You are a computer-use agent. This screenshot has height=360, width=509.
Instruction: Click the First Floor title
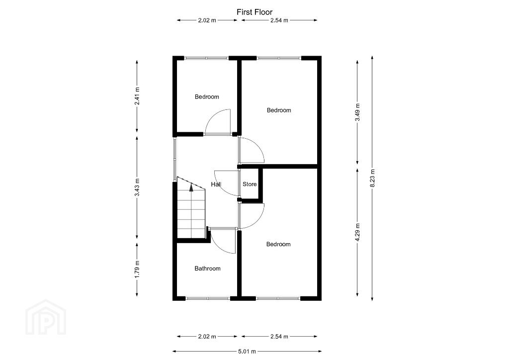pos(254,12)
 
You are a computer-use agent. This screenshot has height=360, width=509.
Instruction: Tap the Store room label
pos(250,184)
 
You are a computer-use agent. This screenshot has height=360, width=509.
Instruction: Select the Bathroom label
pos(207,269)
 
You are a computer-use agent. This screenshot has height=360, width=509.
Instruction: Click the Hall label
pos(216,184)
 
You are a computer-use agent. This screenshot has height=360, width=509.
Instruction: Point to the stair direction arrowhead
pos(191,186)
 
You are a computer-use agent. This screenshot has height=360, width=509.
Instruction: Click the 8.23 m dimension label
pos(373,178)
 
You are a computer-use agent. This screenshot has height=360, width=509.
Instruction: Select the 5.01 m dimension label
pos(247,351)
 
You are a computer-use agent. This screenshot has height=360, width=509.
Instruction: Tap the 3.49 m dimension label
pos(357,112)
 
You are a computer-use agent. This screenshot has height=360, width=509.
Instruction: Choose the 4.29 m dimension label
pos(357,232)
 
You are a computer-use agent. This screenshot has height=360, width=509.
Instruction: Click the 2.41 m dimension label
pos(137,96)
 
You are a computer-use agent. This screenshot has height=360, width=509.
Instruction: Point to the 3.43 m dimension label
pos(137,187)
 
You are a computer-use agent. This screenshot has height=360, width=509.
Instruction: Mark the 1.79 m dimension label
pos(137,270)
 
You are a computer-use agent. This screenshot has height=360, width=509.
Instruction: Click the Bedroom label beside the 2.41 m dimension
pos(207,97)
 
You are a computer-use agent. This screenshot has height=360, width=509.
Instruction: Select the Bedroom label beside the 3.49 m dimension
pos(279,110)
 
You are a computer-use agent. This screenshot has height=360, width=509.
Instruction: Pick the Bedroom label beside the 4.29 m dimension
pos(278,244)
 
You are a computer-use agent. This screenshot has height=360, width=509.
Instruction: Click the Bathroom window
pos(208,298)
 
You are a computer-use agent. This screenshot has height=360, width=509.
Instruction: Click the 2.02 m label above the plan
pos(207,20)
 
